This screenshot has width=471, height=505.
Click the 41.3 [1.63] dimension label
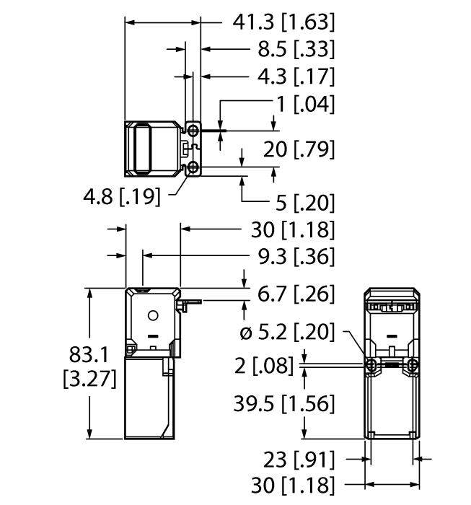coord(283,23)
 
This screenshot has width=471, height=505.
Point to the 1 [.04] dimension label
coord(304,103)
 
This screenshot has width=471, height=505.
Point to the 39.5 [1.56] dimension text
coord(283,404)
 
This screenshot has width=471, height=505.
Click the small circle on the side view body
coord(152,316)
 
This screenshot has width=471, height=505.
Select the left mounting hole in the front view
coord(371,366)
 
